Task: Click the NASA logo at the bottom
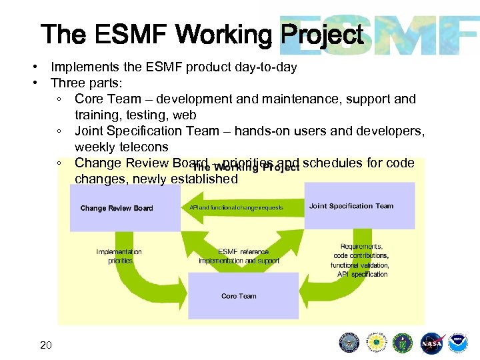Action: [433, 343]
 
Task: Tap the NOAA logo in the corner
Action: [459, 343]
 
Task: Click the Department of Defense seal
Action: [349, 343]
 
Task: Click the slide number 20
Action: [46, 345]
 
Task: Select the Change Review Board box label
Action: [117, 208]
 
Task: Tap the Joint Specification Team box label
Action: [351, 206]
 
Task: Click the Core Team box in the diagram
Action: [239, 296]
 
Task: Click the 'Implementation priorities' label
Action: [119, 256]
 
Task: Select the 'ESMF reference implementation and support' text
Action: [239, 256]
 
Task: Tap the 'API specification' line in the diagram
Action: [362, 274]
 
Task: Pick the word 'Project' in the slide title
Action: [323, 35]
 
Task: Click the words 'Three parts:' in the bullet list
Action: [87, 83]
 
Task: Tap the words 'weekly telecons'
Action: [121, 147]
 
